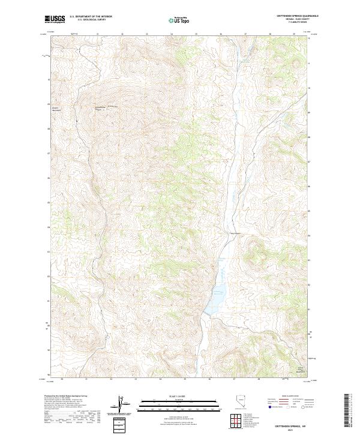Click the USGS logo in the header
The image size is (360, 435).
tap(55, 20)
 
